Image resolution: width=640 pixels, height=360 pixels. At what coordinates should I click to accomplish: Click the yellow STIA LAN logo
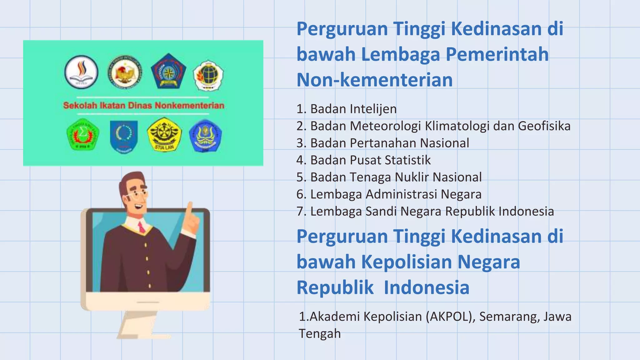(164, 135)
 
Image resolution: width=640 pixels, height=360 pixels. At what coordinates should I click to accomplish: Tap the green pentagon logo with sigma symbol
(83, 135)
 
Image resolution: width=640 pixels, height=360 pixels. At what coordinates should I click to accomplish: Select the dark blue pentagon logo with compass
(168, 71)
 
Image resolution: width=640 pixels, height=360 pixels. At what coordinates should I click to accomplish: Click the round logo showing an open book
(81, 72)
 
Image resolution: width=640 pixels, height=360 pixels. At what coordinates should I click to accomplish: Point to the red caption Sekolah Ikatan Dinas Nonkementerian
(144, 105)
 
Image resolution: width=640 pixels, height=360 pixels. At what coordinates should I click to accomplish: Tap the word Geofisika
(544, 126)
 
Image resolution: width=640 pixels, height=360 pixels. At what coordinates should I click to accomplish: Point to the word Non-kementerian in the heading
(375, 80)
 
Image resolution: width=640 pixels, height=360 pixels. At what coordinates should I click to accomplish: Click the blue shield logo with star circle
(124, 136)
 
